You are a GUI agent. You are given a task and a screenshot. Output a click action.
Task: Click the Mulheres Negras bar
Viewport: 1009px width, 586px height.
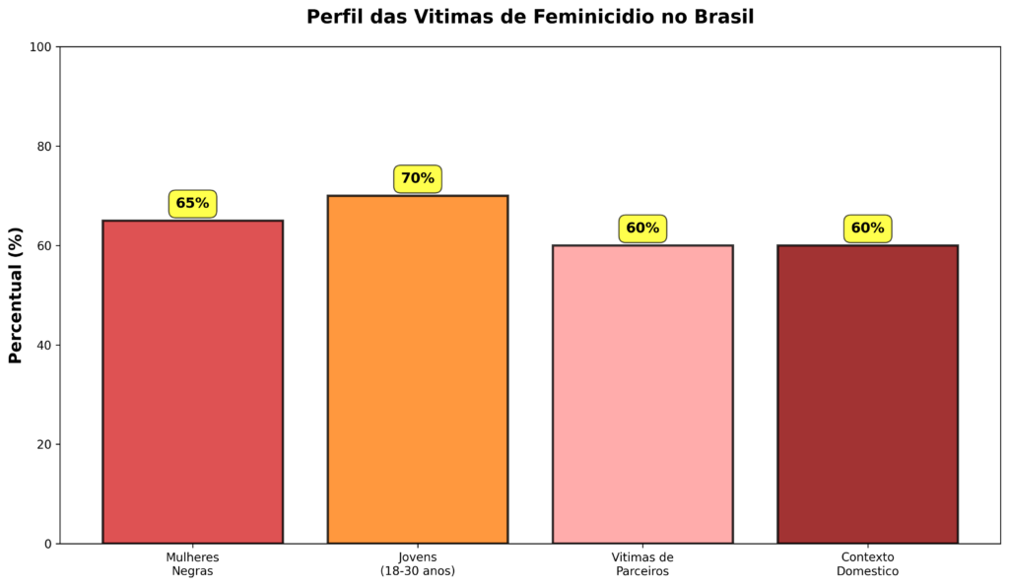point(192,382)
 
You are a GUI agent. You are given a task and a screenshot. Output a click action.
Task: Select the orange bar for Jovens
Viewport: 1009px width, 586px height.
point(418,369)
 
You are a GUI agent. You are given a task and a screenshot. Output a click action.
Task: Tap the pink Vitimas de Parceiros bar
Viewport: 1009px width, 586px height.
point(642,394)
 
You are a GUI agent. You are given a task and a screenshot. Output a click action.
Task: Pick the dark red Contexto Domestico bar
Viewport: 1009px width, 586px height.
point(867,394)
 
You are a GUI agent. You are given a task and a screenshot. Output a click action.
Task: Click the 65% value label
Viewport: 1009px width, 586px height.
point(192,204)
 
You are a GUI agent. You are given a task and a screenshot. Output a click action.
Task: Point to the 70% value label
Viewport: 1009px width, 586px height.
point(418,178)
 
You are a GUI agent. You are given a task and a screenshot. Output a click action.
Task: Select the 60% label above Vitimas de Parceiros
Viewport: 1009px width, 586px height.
point(642,228)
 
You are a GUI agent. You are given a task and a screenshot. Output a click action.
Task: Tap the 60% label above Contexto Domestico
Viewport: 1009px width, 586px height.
point(867,228)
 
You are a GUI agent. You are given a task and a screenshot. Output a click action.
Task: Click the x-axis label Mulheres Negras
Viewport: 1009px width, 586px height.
point(192,563)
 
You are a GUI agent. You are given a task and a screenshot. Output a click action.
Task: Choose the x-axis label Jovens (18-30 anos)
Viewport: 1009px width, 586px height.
point(418,563)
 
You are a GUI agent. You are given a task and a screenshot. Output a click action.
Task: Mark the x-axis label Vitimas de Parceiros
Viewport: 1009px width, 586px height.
point(642,563)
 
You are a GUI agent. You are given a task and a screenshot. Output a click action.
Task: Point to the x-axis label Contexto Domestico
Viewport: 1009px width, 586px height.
point(867,563)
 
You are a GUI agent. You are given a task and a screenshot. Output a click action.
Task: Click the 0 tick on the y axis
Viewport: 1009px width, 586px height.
point(46,544)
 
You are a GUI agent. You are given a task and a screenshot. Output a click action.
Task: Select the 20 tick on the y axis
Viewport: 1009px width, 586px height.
point(43,444)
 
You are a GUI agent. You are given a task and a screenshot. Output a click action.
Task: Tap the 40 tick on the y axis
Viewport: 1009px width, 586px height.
point(43,345)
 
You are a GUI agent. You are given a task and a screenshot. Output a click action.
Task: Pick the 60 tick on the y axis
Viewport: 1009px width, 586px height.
point(43,245)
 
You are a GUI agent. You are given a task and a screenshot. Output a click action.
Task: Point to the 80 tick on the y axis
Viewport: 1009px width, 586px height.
point(43,146)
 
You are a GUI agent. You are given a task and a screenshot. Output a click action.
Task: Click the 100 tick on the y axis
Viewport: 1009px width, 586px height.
point(40,47)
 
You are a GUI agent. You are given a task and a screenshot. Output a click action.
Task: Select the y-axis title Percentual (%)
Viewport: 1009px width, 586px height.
point(16,295)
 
